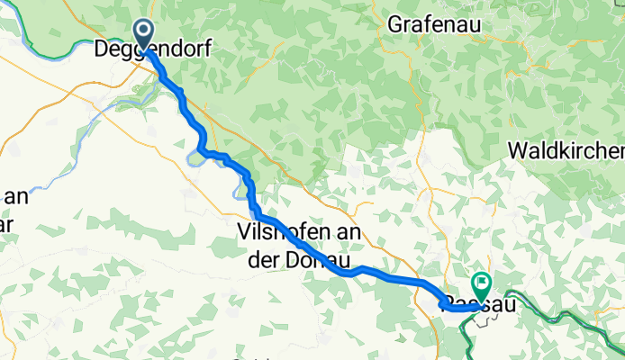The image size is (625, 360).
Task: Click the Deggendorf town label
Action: pyautogui.click(x=152, y=50)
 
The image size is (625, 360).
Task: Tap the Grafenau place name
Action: pyautogui.click(x=431, y=24)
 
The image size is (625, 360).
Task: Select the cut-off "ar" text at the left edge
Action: pyautogui.click(x=6, y=223)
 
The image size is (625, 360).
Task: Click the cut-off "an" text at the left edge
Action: pyautogui.click(x=13, y=197)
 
